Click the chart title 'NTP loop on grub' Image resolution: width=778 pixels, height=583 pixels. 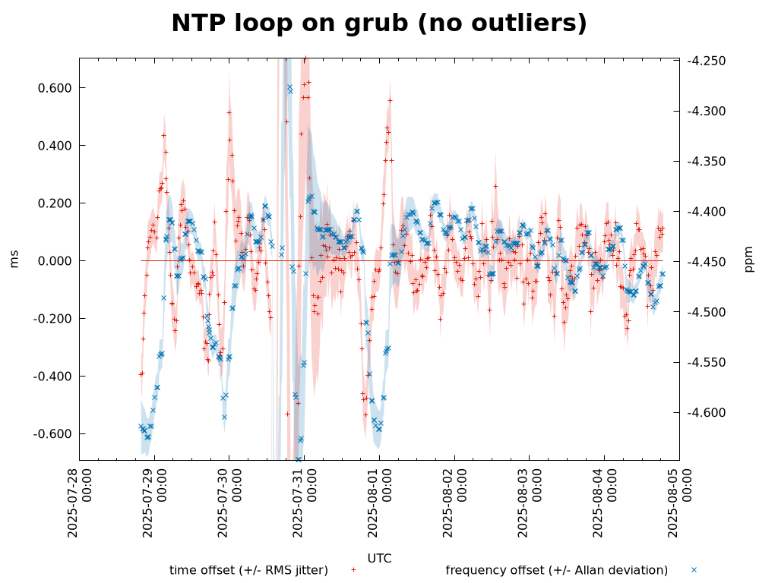pyautogui.click(x=379, y=24)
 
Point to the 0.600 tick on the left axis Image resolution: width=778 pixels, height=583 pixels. pyautogui.click(x=55, y=88)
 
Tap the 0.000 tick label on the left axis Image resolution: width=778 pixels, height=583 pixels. pyautogui.click(x=55, y=261)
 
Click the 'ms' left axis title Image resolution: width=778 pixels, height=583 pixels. pyautogui.click(x=14, y=260)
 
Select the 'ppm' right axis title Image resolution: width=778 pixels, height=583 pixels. pyautogui.click(x=749, y=259)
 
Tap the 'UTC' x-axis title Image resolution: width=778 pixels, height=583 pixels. pyautogui.click(x=379, y=559)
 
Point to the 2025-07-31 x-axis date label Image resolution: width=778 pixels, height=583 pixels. pyautogui.click(x=304, y=503)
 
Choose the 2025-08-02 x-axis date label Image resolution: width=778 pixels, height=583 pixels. pyautogui.click(x=454, y=503)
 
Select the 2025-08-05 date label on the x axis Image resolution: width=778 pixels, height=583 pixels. pyautogui.click(x=678, y=503)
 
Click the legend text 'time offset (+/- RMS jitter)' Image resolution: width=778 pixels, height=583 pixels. pyautogui.click(x=248, y=570)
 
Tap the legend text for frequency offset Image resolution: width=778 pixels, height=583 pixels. pyautogui.click(x=556, y=570)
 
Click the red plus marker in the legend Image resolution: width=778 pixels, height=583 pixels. pyautogui.click(x=353, y=569)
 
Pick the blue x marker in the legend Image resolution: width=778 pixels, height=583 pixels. pyautogui.click(x=694, y=569)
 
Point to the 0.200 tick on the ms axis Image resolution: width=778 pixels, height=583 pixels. pyautogui.click(x=55, y=203)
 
